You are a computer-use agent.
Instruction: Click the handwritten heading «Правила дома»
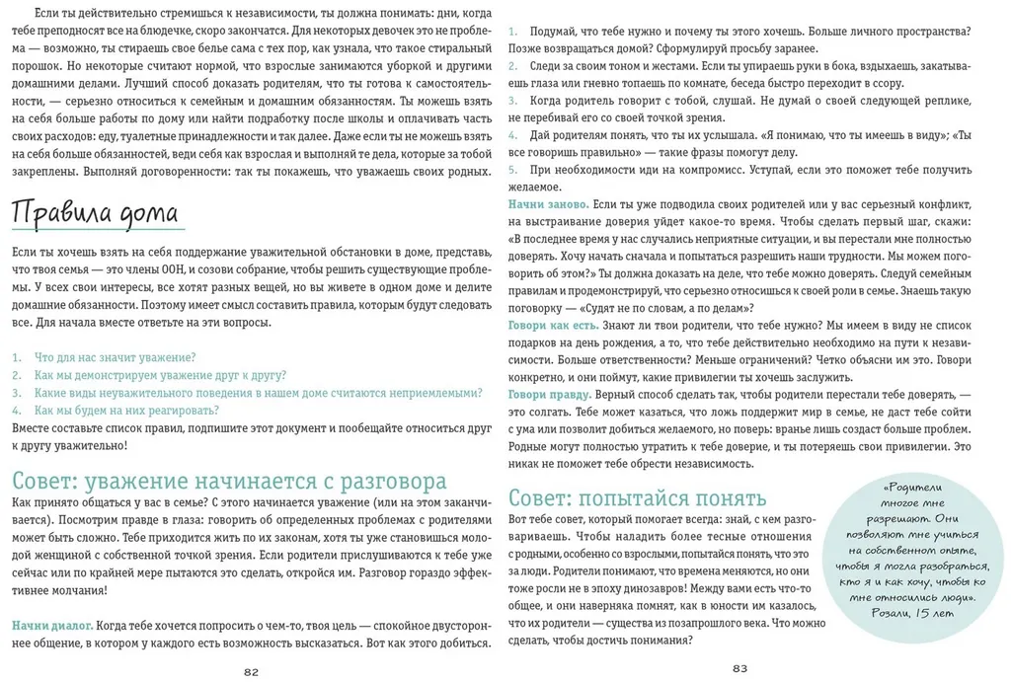coord(95,212)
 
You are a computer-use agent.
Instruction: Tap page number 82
coord(251,672)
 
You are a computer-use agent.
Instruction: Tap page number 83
coord(739,668)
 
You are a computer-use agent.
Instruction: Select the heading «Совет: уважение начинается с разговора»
coord(229,481)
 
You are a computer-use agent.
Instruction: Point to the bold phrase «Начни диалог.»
coord(52,625)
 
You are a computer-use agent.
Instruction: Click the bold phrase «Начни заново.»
coord(549,203)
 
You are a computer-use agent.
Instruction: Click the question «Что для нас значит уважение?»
coord(115,357)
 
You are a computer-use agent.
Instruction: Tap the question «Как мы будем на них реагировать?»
coord(126,411)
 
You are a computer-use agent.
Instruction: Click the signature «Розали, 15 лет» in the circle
coord(915,613)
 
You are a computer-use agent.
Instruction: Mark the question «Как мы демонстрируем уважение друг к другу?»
coord(160,375)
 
